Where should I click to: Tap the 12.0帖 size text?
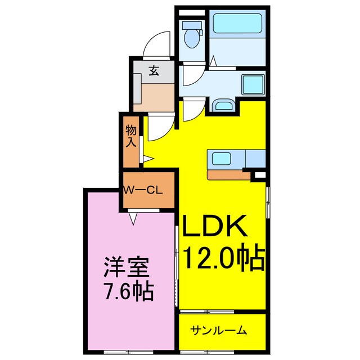pyautogui.click(x=223, y=258)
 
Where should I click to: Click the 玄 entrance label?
pyautogui.click(x=153, y=71)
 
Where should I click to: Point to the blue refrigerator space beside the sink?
pyautogui.click(x=255, y=158)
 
